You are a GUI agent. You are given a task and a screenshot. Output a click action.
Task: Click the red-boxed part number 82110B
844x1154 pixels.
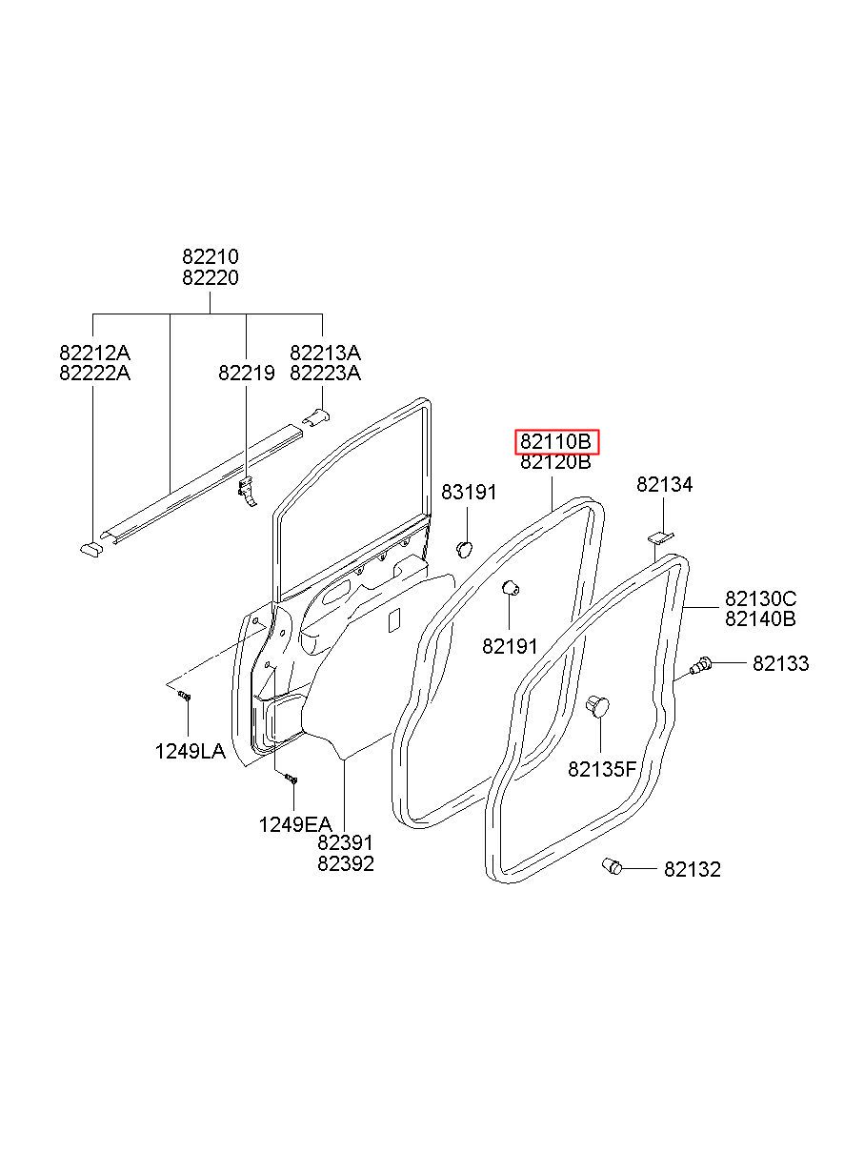pos(556,442)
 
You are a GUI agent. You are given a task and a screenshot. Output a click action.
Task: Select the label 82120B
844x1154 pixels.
pos(556,463)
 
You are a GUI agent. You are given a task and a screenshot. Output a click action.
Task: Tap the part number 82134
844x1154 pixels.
pos(665,485)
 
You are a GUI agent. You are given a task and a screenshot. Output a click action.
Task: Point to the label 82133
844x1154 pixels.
pos(780,663)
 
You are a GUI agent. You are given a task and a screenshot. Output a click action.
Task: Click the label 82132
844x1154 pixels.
pos(693,869)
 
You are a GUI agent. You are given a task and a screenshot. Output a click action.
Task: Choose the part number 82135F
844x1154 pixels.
pos(601,769)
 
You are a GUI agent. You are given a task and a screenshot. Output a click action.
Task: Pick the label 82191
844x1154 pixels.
pos(511,645)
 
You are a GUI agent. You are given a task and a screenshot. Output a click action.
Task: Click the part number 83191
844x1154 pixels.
pos(469,492)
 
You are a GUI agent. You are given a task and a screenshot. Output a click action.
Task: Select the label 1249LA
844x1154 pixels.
pos(191,751)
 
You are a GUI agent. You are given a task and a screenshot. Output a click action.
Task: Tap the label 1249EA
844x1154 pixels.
pos(294,823)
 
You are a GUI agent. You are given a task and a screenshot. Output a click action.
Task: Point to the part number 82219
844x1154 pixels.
pos(246,374)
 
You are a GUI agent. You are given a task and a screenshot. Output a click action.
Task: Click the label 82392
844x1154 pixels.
pos(346,864)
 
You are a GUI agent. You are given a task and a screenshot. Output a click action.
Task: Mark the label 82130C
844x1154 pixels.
pos(760,598)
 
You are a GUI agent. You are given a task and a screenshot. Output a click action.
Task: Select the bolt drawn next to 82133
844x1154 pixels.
pos(701,665)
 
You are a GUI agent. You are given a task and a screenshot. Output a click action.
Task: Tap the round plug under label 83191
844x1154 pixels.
pos(465,548)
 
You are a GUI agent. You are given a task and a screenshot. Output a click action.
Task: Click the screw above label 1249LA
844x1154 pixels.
pos(185,697)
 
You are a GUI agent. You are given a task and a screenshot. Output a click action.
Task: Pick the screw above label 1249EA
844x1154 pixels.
pos(292,779)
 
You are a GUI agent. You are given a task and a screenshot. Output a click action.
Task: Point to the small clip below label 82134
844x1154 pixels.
pos(659,537)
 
